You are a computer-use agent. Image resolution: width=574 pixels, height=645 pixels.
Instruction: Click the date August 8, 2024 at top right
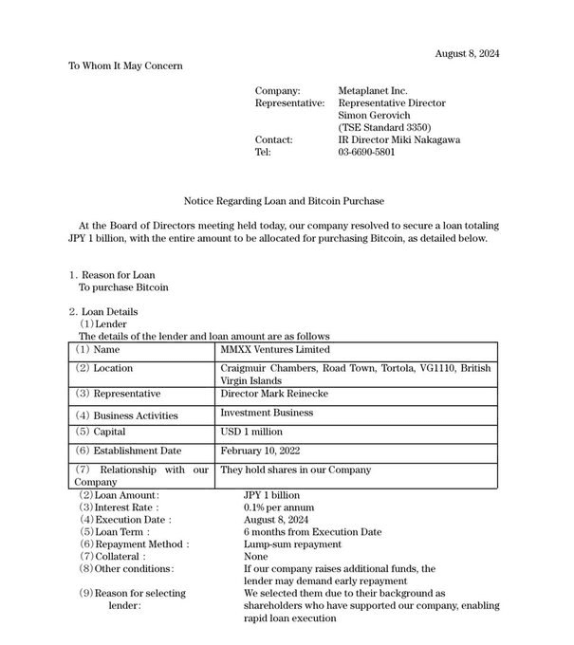(467, 53)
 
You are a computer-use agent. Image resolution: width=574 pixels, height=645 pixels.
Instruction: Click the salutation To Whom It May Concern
(125, 65)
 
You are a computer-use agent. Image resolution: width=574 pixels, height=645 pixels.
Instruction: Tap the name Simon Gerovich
(375, 115)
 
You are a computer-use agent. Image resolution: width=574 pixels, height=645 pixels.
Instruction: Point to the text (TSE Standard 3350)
(384, 127)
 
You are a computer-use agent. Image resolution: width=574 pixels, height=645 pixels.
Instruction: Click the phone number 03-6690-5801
(367, 152)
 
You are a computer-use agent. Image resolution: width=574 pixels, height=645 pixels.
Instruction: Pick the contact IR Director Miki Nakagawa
(398, 139)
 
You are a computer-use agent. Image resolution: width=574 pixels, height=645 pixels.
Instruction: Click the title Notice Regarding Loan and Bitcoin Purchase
(284, 201)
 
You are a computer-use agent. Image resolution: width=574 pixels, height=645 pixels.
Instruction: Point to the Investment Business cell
(267, 414)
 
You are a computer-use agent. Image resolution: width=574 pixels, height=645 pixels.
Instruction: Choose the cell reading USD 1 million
(253, 432)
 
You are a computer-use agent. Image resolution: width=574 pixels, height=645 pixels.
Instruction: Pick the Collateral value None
(255, 557)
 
